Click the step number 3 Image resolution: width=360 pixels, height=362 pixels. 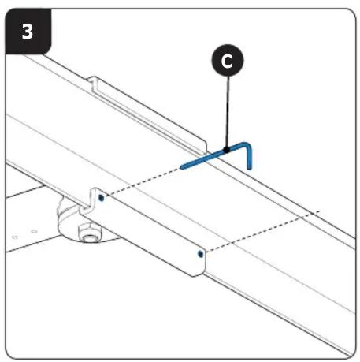(x=28, y=32)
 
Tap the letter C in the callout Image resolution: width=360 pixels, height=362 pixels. (x=227, y=61)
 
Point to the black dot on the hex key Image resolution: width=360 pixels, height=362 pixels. (x=226, y=150)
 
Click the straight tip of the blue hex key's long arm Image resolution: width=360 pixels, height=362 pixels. (x=182, y=167)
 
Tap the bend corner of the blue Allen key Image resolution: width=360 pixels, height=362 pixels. (x=247, y=145)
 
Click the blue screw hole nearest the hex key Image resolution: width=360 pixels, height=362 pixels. (x=102, y=198)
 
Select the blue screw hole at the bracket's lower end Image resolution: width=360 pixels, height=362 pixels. (x=201, y=254)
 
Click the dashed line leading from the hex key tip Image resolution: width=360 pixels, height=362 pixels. (x=143, y=182)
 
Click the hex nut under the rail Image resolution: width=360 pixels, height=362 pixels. (x=90, y=233)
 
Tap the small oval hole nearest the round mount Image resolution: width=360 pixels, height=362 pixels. (x=34, y=232)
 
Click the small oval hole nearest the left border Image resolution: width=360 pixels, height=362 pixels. (x=15, y=237)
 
